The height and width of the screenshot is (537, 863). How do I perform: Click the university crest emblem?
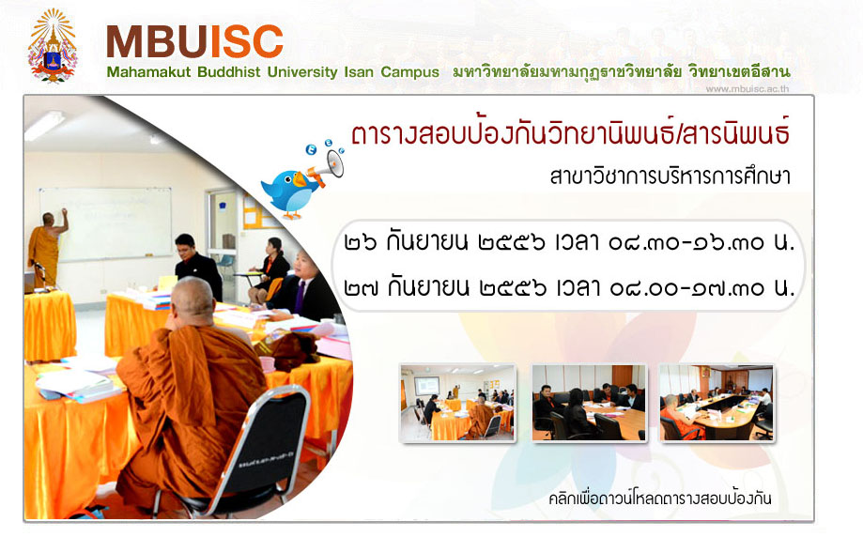tap(53, 45)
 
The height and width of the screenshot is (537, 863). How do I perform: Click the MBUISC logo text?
tap(194, 41)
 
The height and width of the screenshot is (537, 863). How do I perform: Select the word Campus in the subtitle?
tap(409, 72)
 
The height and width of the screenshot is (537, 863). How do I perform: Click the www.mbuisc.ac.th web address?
tap(747, 88)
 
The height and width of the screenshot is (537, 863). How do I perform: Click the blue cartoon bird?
tap(289, 192)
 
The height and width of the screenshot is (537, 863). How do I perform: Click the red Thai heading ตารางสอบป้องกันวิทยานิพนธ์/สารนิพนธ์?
tap(571, 132)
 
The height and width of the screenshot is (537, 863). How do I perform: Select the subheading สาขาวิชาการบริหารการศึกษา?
tap(670, 176)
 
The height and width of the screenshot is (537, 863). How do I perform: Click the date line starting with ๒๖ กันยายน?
tap(569, 242)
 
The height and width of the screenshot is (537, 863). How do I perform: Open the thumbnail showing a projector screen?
tap(458, 403)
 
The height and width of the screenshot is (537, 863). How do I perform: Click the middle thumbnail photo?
tap(589, 403)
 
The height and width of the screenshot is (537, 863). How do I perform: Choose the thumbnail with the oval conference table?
tap(717, 403)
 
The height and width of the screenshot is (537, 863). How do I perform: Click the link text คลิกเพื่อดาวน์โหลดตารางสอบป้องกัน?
tap(660, 499)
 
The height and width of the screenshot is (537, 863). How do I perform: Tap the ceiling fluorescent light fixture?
tap(44, 125)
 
